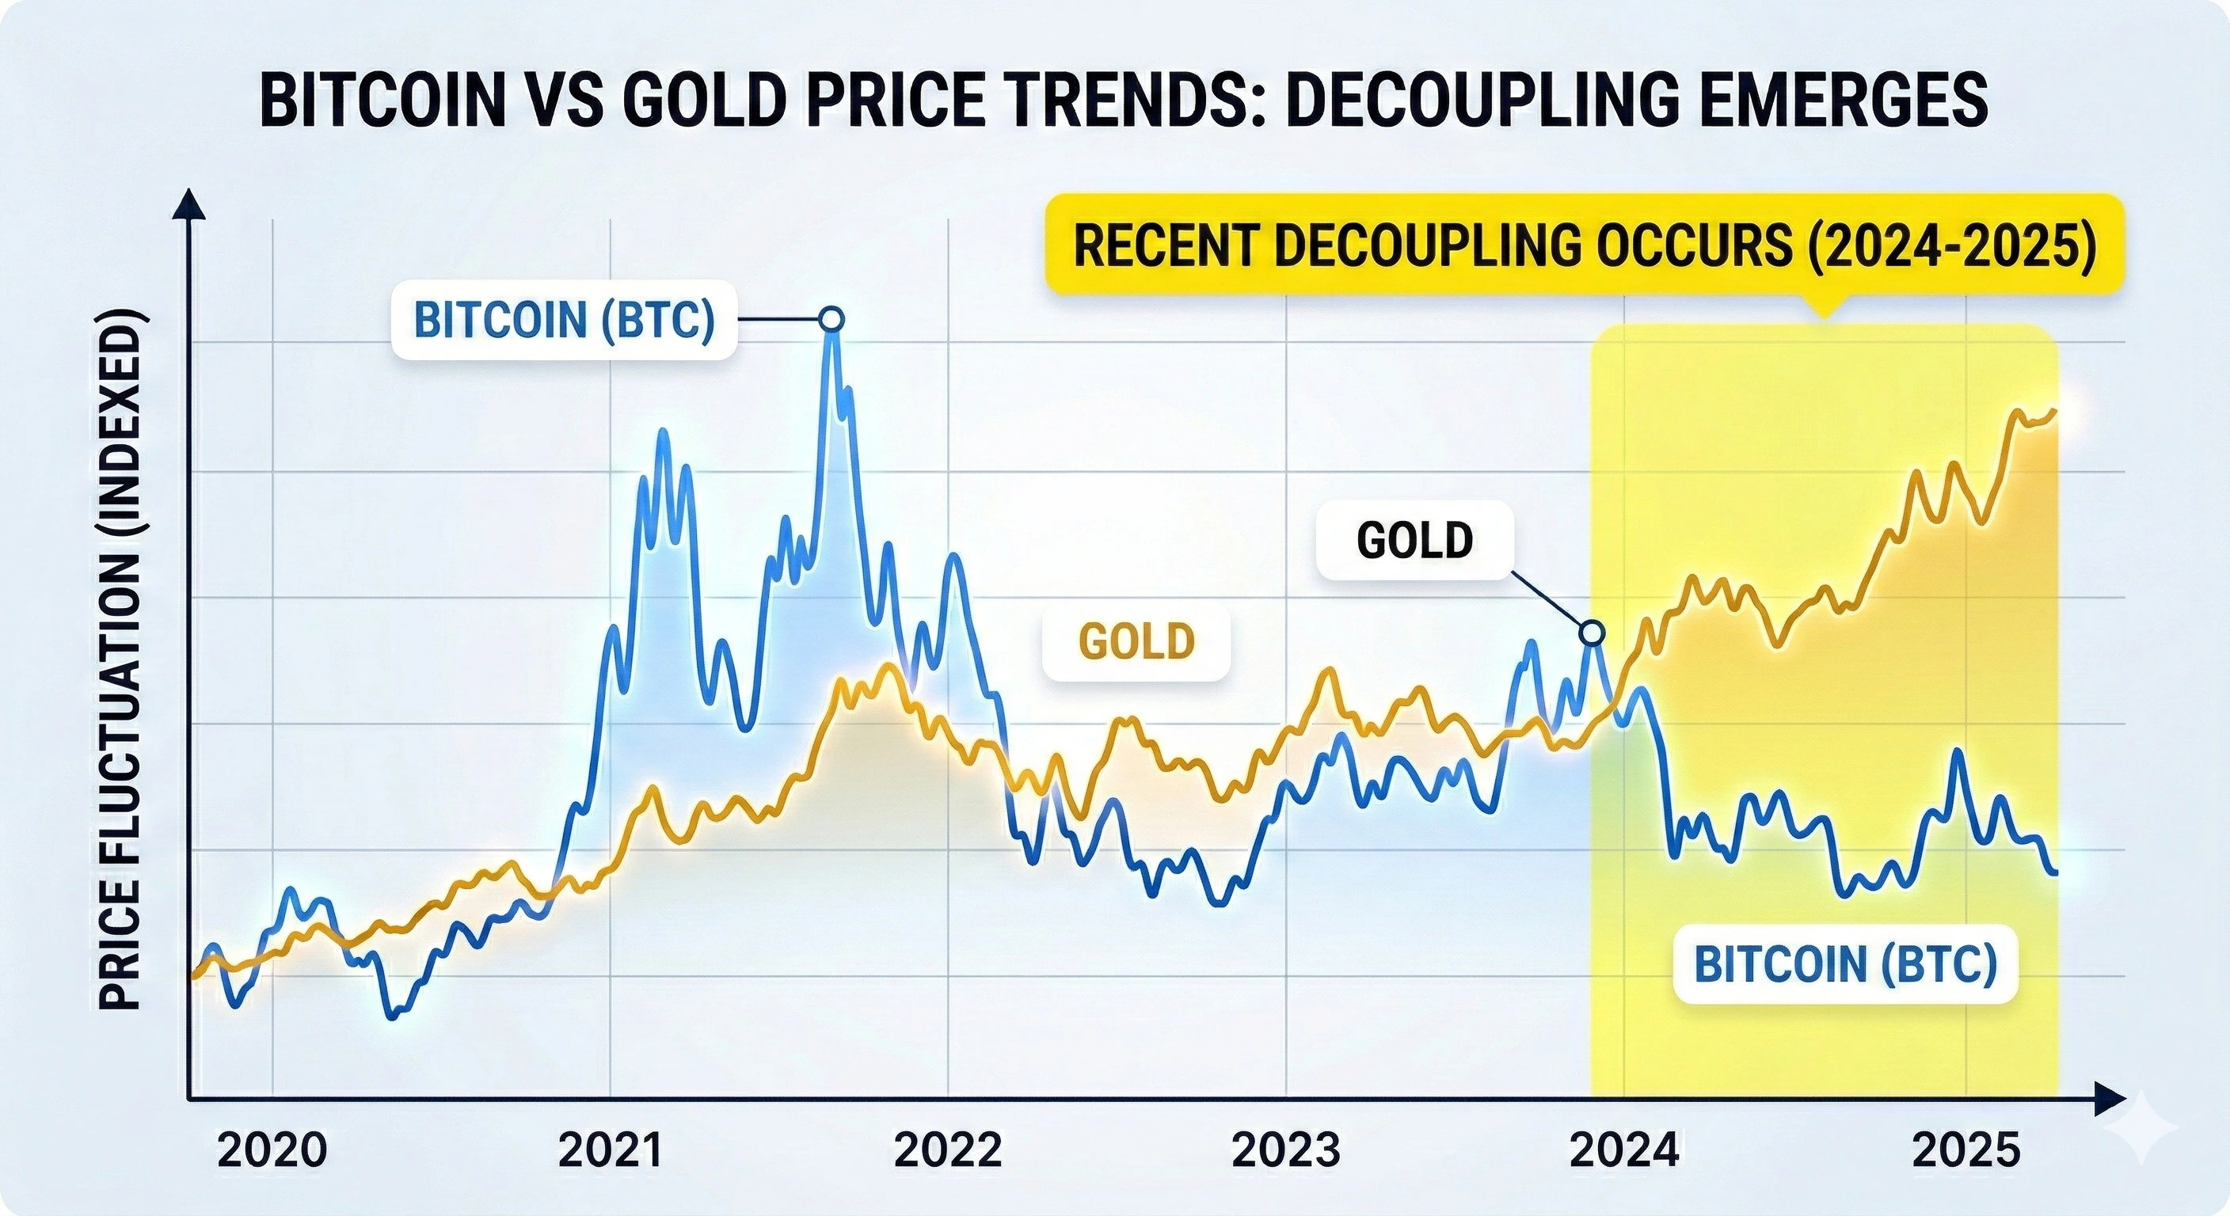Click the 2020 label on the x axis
[x=272, y=1151]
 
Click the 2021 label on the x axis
[x=611, y=1151]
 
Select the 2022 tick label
[x=948, y=1151]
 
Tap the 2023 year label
[x=1285, y=1151]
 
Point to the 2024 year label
[x=1624, y=1151]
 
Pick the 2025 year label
[x=1965, y=1151]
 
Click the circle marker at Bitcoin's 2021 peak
[x=831, y=319]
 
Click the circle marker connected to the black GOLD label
[x=1591, y=633]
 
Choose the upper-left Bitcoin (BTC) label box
[x=565, y=320]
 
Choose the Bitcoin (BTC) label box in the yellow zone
[x=1844, y=964]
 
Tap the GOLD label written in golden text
[x=1136, y=641]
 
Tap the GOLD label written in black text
[x=1414, y=540]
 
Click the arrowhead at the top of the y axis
[x=188, y=206]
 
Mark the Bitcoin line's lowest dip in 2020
[x=391, y=1015]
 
